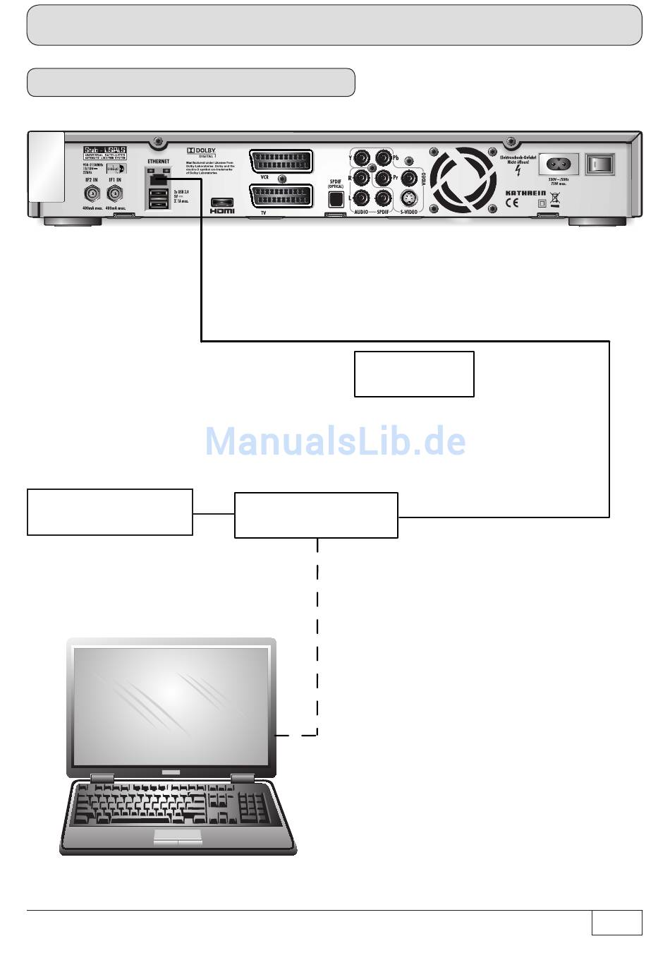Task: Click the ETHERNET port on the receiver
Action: [159, 179]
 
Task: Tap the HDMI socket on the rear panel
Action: [222, 203]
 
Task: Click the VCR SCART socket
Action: [280, 160]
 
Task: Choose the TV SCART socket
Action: [280, 196]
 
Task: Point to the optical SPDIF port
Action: [336, 199]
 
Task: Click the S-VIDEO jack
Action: [407, 198]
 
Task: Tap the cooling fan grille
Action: [463, 178]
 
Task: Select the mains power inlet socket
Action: [559, 164]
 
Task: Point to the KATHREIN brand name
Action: [525, 193]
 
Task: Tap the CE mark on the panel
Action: [512, 204]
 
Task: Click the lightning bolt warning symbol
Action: [518, 170]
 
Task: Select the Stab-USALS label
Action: [104, 150]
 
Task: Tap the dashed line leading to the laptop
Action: [317, 635]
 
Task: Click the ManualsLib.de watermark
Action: [335, 441]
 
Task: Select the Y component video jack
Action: [361, 157]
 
